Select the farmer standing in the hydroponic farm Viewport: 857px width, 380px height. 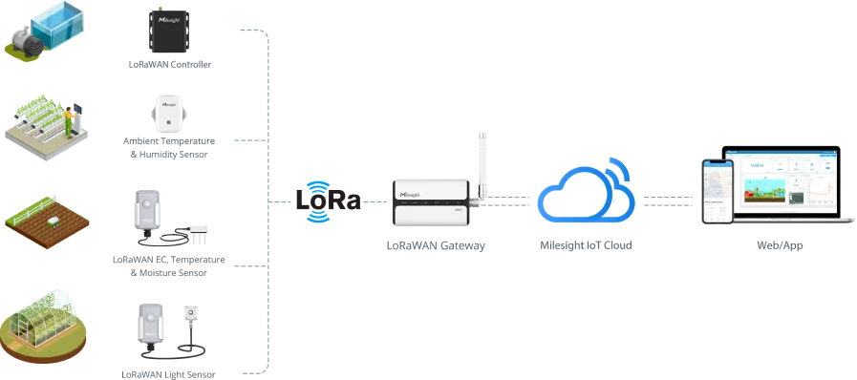pos(70,118)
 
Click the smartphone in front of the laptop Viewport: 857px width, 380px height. pos(717,191)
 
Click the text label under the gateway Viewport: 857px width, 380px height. pos(435,245)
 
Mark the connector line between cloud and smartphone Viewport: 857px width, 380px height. pos(665,198)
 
